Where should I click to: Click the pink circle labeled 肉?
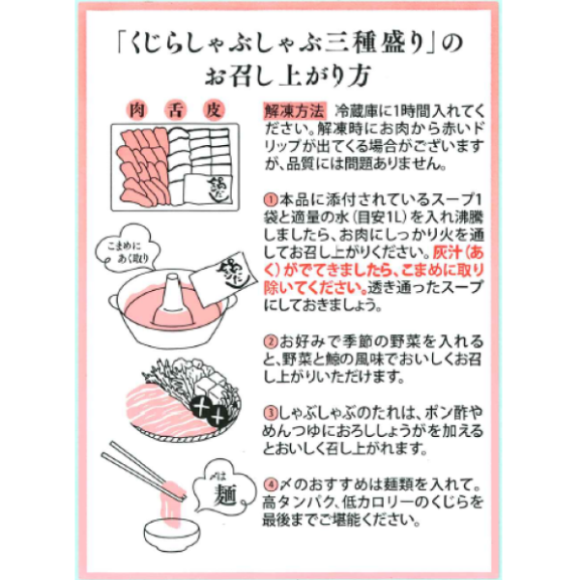click(x=137, y=110)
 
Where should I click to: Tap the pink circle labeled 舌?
click(x=175, y=110)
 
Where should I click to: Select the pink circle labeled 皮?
click(x=214, y=110)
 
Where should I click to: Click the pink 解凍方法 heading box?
click(x=295, y=110)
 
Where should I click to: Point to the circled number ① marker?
click(x=271, y=200)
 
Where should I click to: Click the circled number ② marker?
click(x=271, y=341)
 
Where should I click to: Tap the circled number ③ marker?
click(x=271, y=413)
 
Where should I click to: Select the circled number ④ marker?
click(x=271, y=484)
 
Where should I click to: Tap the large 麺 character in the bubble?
click(x=224, y=495)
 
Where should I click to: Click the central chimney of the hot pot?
click(x=172, y=296)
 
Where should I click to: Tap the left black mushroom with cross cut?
click(x=202, y=407)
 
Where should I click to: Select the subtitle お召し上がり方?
click(x=288, y=75)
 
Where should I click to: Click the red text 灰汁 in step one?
click(x=448, y=253)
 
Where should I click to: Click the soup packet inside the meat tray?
click(x=208, y=188)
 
